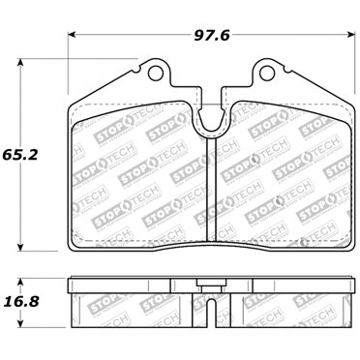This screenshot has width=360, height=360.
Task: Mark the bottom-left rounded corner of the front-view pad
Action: (77, 244)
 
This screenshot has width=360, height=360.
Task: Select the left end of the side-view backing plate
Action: (70, 287)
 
